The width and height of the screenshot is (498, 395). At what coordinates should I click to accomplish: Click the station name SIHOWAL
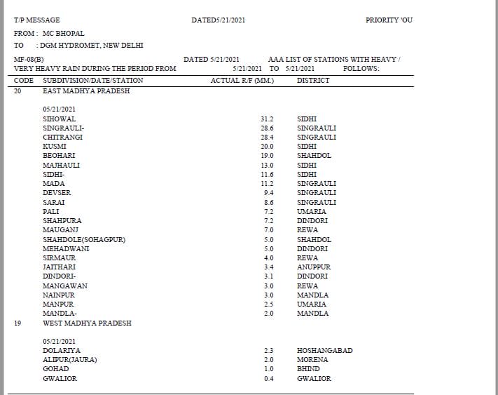[x=59, y=119]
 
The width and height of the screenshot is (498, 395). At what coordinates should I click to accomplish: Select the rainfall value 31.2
[x=267, y=119]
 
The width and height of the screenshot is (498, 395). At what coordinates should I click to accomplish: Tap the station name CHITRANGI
[x=63, y=138]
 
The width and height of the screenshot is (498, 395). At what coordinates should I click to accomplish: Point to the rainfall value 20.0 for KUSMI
[x=267, y=147]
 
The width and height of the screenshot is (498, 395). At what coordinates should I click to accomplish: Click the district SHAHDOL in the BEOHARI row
[x=314, y=156]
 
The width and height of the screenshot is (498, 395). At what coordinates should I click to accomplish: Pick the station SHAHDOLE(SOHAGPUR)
[x=84, y=240]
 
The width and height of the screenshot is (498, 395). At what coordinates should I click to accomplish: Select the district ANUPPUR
[x=313, y=267]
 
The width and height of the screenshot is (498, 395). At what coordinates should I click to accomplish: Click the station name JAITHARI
[x=59, y=267]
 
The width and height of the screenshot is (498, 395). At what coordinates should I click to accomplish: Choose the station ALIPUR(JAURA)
[x=69, y=360]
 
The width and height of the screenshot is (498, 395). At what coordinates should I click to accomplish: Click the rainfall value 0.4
[x=268, y=379]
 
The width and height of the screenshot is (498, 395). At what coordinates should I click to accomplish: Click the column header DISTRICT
[x=312, y=81]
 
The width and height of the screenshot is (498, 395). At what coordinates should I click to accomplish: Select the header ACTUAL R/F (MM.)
[x=242, y=81]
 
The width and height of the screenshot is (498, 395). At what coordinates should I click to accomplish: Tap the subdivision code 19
[x=18, y=323]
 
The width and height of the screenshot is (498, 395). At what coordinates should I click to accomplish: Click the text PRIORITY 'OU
[x=389, y=20]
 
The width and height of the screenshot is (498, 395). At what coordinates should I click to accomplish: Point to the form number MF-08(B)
[x=29, y=60]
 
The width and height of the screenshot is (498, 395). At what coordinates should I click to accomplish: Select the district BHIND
[x=307, y=369]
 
